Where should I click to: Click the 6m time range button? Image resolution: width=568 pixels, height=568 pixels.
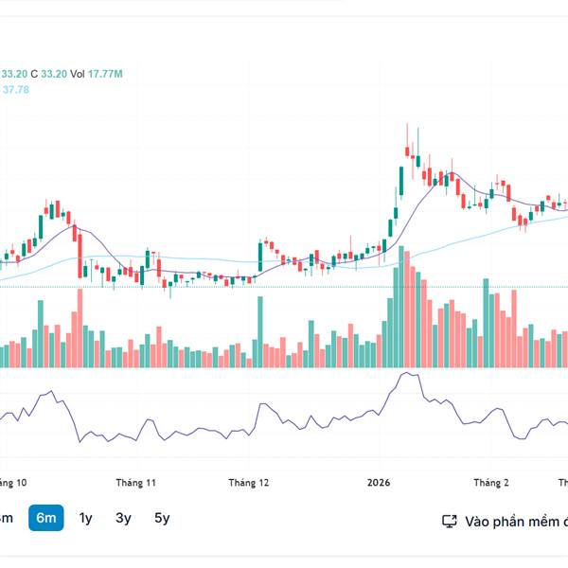tap(46, 518)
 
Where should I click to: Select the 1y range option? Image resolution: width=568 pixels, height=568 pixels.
tap(85, 518)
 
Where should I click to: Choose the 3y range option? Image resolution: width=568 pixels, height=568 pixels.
tap(124, 518)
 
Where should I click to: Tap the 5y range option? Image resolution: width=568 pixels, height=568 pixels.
tap(162, 518)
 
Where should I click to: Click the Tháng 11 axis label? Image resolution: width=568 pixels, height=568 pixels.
tap(136, 483)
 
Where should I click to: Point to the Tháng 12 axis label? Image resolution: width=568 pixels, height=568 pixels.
tap(249, 483)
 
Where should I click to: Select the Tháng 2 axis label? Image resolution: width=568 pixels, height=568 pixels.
tap(491, 483)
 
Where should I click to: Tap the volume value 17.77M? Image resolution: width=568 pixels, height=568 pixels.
tap(106, 74)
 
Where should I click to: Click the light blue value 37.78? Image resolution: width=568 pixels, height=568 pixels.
tap(16, 89)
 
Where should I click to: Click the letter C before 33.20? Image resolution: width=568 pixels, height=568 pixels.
tap(34, 74)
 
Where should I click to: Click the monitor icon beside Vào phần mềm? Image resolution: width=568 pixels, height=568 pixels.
tap(450, 521)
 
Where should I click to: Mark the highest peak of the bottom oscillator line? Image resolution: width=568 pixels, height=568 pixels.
tap(406, 373)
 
